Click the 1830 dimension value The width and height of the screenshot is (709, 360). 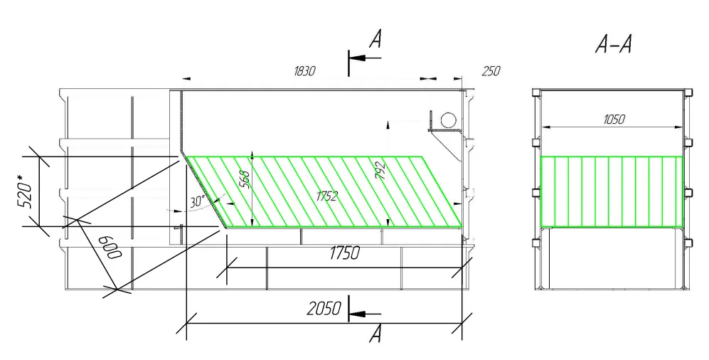coord(304,71)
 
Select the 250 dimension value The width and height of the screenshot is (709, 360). coord(491,71)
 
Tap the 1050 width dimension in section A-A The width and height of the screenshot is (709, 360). coord(614,120)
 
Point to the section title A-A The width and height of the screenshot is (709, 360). coord(613,44)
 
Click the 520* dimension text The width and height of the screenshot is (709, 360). coord(26,191)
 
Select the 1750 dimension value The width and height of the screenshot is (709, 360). coord(345,253)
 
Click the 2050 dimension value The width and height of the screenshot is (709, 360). coord(324,309)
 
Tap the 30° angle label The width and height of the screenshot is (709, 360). coord(197,201)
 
